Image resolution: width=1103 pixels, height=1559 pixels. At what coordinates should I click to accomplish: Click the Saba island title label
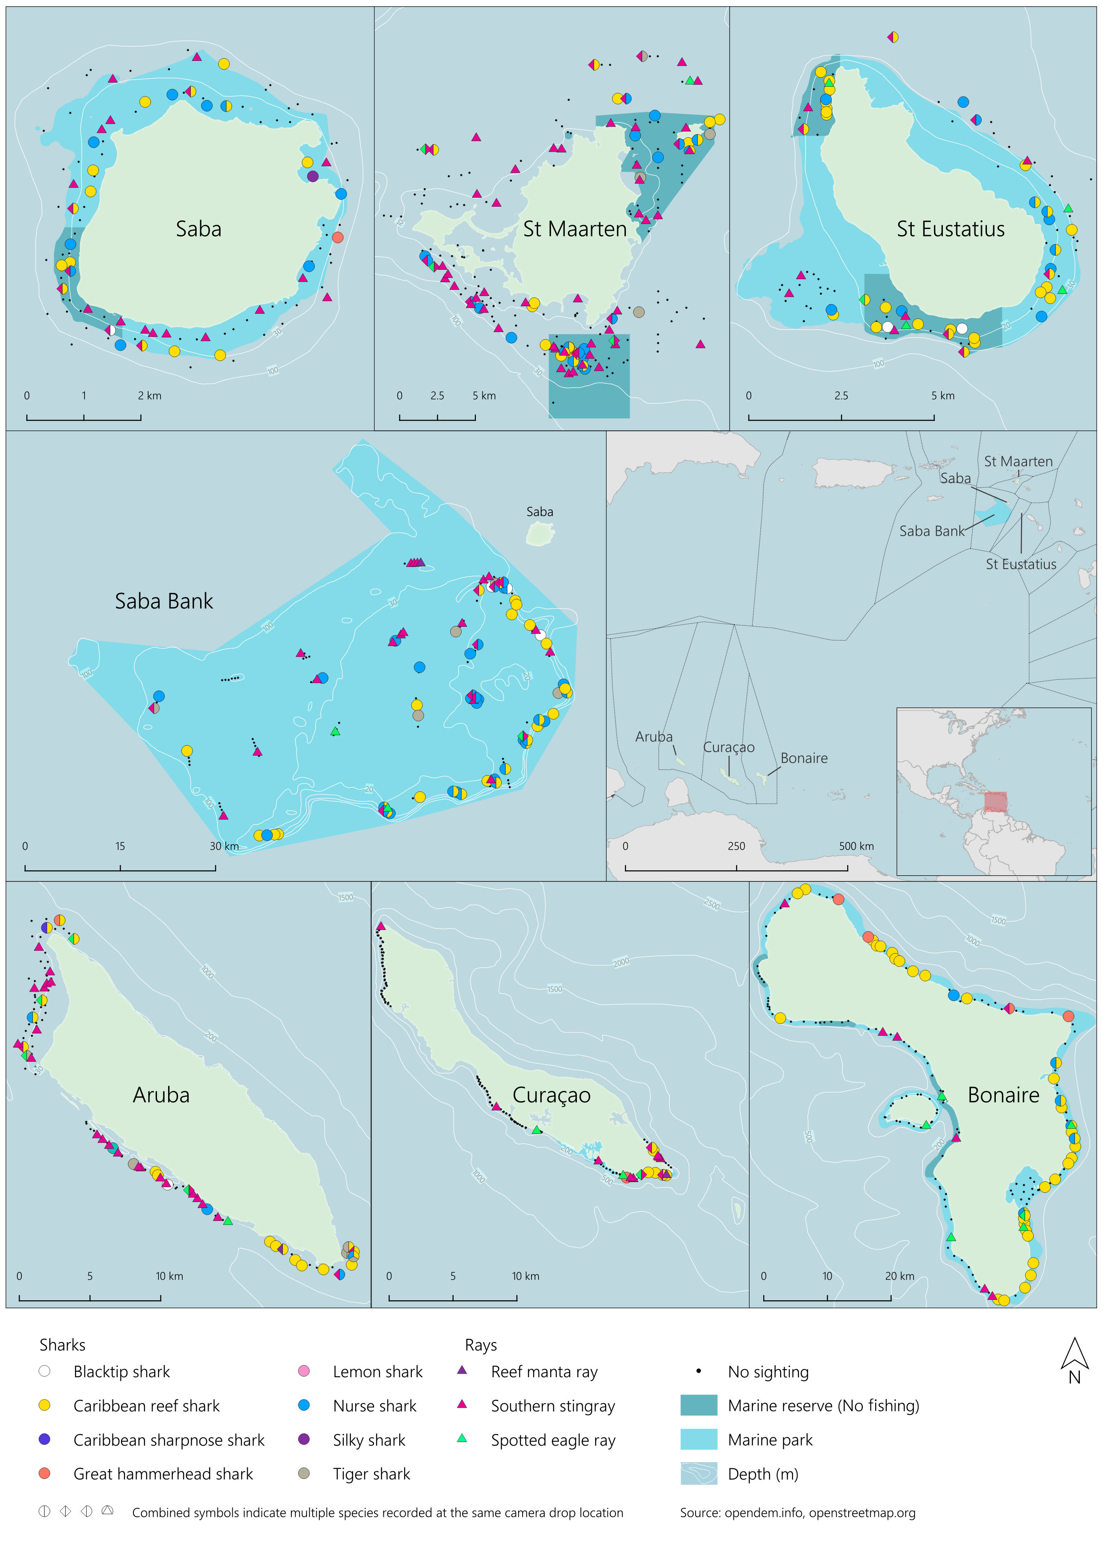(198, 229)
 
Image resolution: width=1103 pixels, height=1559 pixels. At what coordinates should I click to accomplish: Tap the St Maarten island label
(575, 229)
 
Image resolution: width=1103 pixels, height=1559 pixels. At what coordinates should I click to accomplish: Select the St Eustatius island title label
(950, 229)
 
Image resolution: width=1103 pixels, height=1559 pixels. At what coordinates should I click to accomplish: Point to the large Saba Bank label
(164, 601)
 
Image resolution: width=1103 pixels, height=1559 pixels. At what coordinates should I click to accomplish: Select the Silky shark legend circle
(304, 1439)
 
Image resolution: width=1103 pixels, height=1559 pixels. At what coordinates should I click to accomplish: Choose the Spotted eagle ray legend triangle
(462, 1438)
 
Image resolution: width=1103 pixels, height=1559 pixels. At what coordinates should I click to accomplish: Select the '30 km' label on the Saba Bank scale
(224, 846)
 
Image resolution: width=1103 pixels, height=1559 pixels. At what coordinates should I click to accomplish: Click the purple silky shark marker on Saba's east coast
(312, 176)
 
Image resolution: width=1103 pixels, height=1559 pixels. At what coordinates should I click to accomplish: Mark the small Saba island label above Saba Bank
(539, 512)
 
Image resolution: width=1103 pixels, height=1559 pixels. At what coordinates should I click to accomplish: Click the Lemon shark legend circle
(304, 1371)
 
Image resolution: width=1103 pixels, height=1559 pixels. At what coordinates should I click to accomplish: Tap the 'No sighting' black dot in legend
(698, 1371)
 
